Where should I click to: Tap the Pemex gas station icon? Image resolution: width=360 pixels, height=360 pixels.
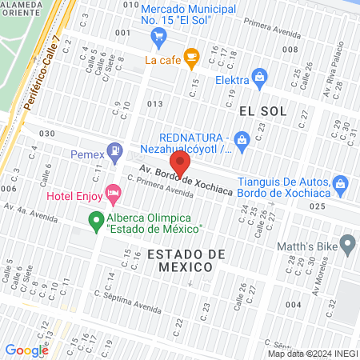click(x=117, y=150)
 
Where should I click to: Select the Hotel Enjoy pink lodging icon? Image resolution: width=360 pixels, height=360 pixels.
click(x=114, y=193)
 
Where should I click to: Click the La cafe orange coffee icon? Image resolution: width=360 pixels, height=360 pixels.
click(x=190, y=56)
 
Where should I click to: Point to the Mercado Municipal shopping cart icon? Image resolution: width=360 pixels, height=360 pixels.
click(x=158, y=36)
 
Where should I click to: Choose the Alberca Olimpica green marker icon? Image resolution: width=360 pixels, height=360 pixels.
click(x=96, y=218)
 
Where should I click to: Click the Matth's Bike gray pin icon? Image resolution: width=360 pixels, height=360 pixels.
click(x=347, y=242)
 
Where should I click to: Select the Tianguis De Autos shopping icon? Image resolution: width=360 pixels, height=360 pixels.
click(x=341, y=183)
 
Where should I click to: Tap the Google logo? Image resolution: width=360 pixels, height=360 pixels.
click(x=26, y=350)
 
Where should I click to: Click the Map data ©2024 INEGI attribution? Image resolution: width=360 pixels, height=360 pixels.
click(x=313, y=354)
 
